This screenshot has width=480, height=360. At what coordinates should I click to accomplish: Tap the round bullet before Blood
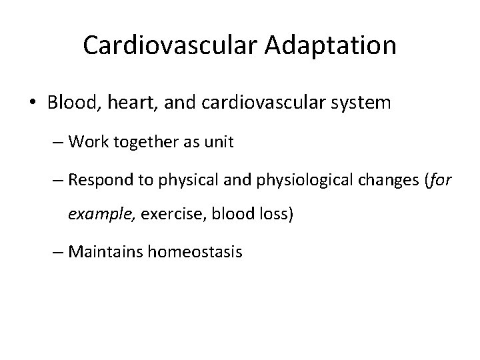pyautogui.click(x=34, y=103)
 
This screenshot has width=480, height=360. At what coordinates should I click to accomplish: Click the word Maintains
pyautogui.click(x=101, y=253)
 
